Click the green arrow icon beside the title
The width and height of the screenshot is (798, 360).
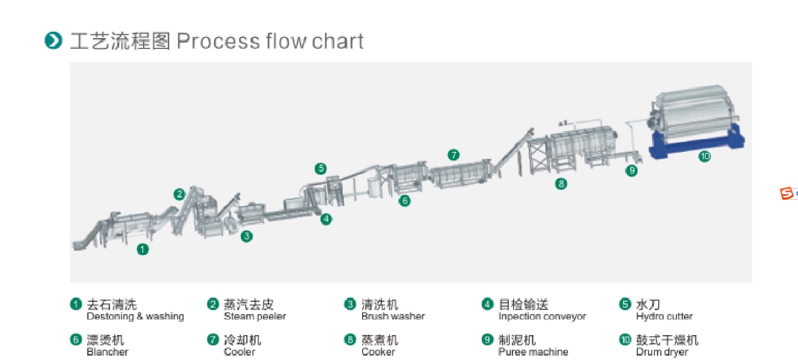click(53, 41)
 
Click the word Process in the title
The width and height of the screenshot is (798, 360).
click(217, 41)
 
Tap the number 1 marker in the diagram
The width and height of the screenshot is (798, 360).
click(142, 250)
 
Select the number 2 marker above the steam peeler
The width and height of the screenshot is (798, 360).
click(179, 194)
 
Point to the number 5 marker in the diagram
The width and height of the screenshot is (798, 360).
click(321, 169)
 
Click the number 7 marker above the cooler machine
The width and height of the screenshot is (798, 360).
click(453, 155)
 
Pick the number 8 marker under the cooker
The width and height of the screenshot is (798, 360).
click(561, 184)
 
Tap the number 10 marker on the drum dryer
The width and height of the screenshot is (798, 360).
click(704, 156)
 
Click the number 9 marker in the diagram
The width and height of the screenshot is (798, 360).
click(631, 170)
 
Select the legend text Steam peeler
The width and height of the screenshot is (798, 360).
click(255, 317)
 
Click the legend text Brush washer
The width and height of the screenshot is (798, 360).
click(393, 317)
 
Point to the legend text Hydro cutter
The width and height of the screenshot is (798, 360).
click(664, 317)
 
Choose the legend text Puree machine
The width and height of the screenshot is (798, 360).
click(533, 352)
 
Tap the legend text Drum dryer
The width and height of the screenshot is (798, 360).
click(662, 352)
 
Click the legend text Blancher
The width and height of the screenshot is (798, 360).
click(107, 352)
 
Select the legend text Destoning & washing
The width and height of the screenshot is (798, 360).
click(135, 317)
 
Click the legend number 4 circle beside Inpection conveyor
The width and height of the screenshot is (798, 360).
click(487, 304)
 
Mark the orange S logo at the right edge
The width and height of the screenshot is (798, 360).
click(786, 193)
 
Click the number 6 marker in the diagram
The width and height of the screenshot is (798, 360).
click(404, 200)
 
